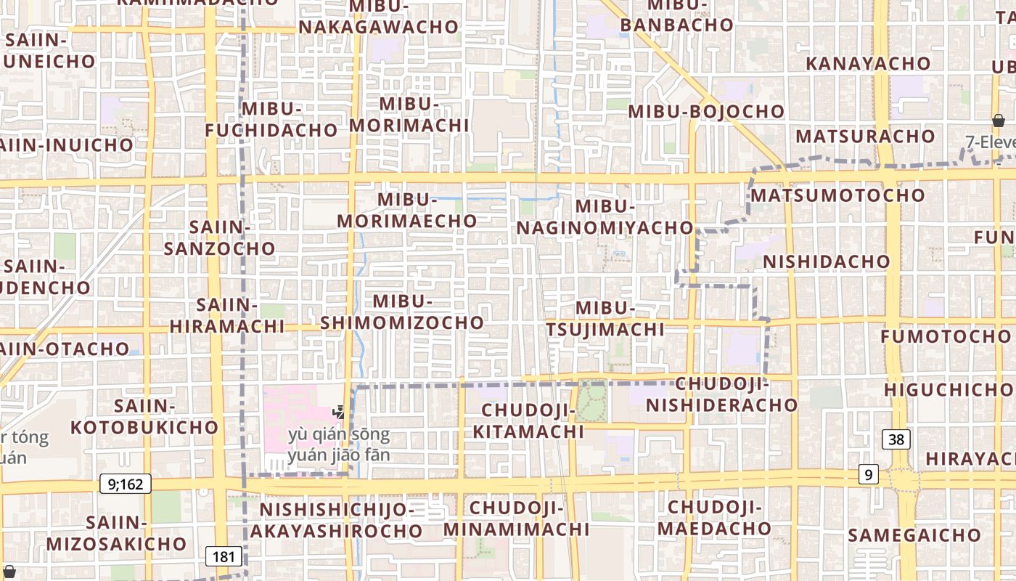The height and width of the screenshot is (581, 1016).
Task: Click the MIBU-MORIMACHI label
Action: [409, 114]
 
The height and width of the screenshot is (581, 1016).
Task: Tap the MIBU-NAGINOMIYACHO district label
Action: [605, 216]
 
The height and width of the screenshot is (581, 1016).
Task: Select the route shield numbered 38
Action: [897, 439]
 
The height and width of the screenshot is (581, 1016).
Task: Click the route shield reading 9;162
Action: [125, 484]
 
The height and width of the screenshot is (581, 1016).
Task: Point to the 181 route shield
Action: [224, 557]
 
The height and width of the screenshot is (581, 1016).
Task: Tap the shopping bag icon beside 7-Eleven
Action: [999, 121]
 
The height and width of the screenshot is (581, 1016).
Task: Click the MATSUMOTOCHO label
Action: [837, 195]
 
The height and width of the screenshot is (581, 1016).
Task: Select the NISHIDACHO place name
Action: [826, 261]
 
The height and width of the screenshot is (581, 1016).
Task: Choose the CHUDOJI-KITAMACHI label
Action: [528, 420]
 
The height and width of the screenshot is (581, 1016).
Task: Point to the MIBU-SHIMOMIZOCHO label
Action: [402, 312]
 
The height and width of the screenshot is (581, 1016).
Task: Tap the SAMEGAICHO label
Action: [914, 535]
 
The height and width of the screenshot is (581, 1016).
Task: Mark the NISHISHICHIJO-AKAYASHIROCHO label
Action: [337, 520]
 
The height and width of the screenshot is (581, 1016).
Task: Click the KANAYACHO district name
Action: [868, 63]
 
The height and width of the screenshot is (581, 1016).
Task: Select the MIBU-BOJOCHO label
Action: [706, 112]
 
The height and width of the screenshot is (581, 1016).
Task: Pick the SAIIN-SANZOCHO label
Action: [219, 237]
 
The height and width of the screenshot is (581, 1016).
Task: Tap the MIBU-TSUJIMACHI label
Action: [605, 319]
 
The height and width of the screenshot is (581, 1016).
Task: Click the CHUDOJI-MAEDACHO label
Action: [714, 517]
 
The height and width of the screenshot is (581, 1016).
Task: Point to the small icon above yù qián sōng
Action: [338, 413]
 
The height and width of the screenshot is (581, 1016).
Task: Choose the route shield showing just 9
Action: [868, 474]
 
